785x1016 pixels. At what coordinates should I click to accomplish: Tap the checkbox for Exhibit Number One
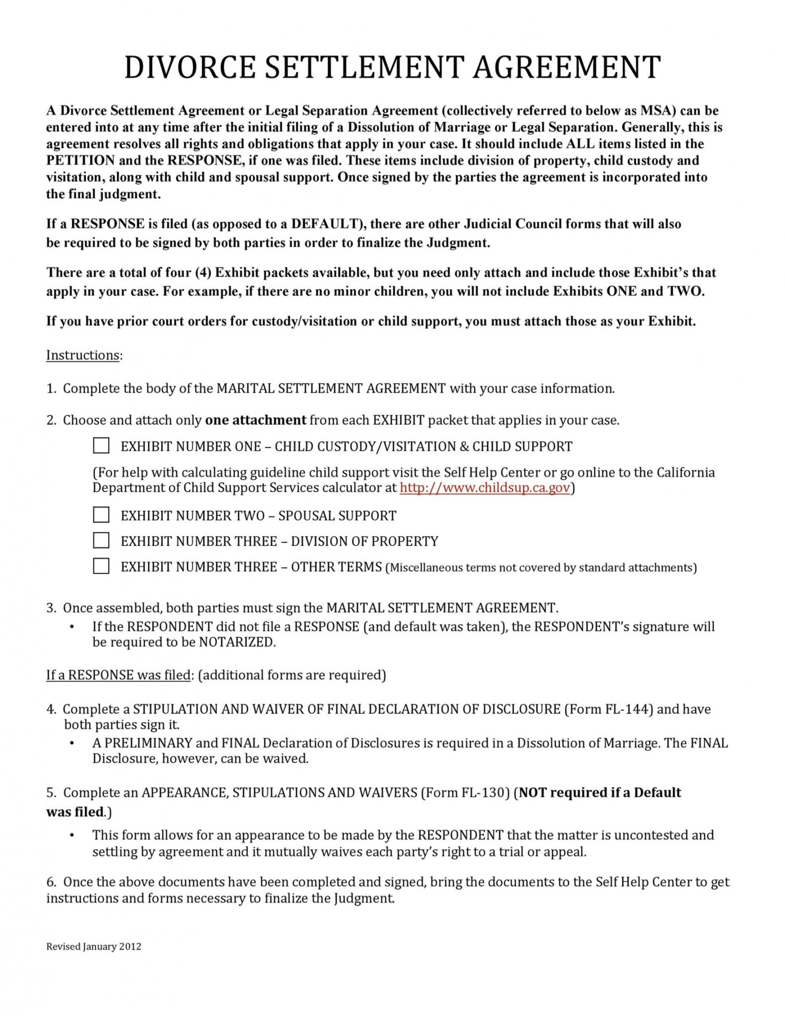101,445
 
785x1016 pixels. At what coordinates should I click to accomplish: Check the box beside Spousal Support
101,515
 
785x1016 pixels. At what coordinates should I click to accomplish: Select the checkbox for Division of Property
101,540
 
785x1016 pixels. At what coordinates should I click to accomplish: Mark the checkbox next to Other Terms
101,566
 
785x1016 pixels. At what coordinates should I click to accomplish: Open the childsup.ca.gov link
484,488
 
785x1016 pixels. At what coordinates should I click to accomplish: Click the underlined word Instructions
83,355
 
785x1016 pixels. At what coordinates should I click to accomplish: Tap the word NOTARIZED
236,642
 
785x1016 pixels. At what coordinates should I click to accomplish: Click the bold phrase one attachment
255,420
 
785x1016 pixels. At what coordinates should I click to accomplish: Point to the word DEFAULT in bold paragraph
324,224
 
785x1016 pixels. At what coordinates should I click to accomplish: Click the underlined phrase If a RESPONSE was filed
119,675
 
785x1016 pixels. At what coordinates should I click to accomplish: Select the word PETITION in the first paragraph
80,161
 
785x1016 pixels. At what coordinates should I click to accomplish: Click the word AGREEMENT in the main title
566,67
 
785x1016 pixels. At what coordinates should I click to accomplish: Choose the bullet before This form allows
72,835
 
